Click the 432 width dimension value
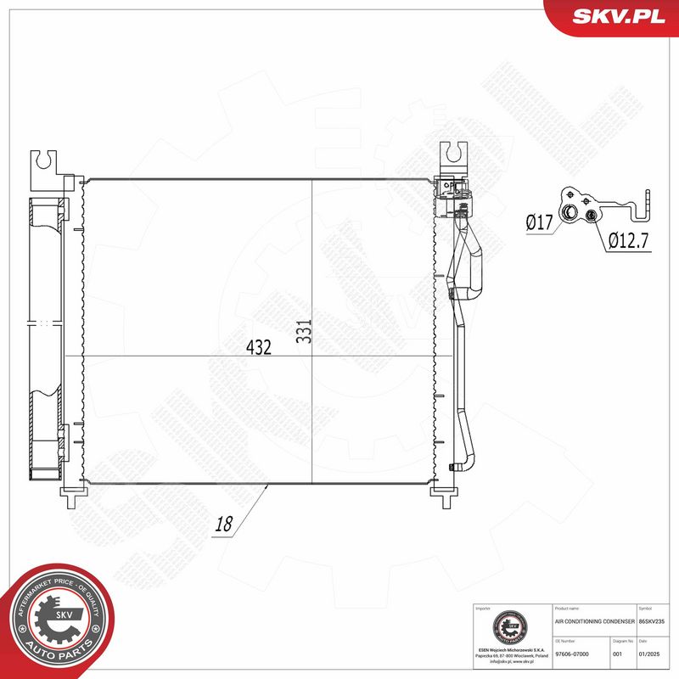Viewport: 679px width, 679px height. [258, 347]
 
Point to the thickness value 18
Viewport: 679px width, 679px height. [224, 525]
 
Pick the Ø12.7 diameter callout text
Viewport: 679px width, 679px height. [627, 242]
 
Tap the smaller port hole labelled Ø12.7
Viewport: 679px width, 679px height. [590, 217]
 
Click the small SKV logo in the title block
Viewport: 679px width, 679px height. [513, 631]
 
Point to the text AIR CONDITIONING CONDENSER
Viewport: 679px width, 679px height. [593, 622]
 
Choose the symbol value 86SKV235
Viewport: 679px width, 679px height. [654, 622]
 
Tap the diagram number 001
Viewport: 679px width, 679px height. [618, 654]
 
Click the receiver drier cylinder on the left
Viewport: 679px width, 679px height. [47, 339]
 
